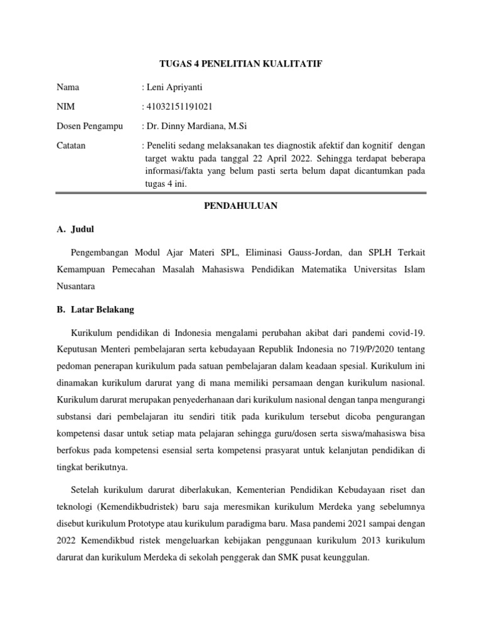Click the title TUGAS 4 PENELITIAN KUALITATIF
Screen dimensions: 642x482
pos(241,63)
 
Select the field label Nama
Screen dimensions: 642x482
pos(68,87)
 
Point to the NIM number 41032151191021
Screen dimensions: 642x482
pos(178,107)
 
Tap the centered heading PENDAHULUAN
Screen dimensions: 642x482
pos(241,206)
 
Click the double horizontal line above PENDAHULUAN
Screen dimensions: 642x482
pos(241,194)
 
